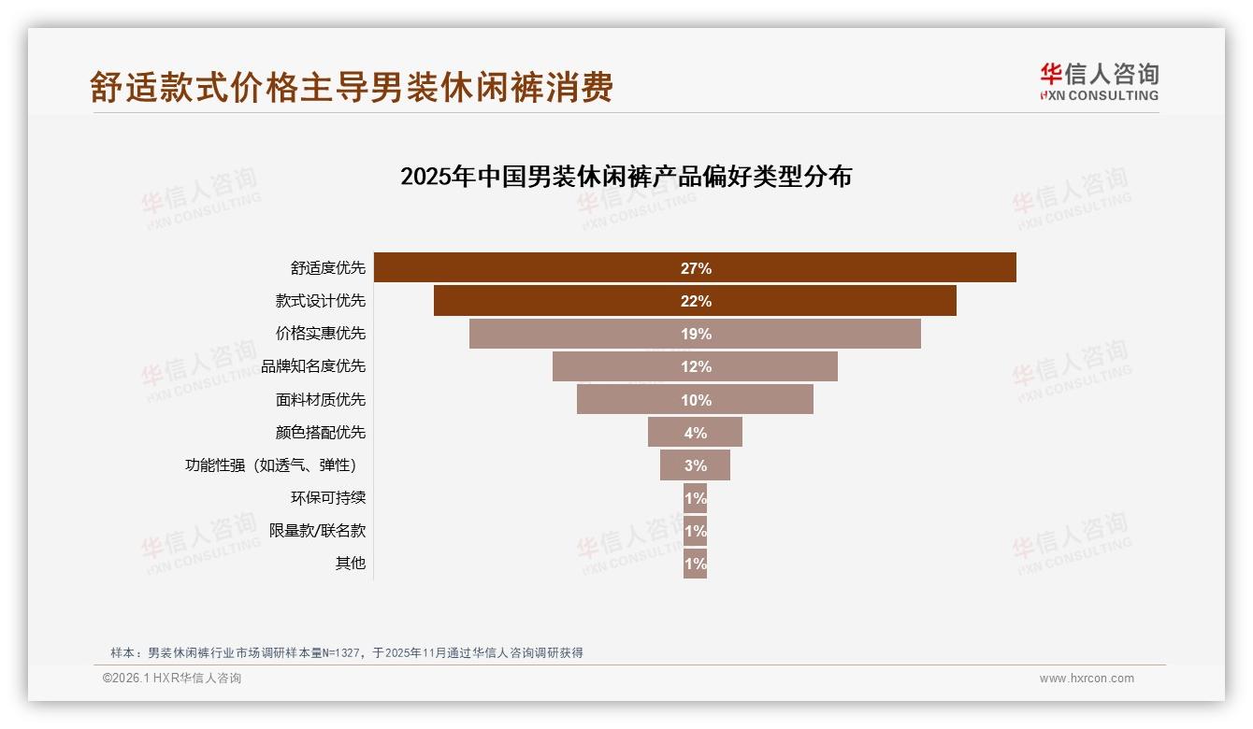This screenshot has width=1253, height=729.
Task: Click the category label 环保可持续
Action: pos(328,498)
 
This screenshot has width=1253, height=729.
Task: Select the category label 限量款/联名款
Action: pos(318,531)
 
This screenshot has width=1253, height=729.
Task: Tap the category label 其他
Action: pos(351,564)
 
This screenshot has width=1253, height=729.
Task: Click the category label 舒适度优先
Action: pos(328,268)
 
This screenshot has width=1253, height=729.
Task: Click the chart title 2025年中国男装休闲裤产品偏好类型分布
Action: pos(626,177)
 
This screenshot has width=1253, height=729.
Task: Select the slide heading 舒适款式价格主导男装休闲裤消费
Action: pos(352,87)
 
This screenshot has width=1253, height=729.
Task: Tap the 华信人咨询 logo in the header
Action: pos(1099,81)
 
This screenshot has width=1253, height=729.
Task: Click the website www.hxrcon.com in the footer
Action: pos(1087,679)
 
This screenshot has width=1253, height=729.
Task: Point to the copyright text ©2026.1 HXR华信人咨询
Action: pos(172,679)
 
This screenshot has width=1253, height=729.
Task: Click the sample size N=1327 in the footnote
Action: pos(334,653)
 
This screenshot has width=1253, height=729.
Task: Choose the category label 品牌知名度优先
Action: pos(314,366)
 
